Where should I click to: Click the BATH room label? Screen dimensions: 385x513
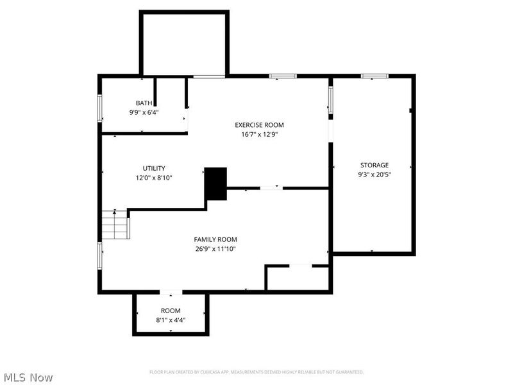pyautogui.click(x=144, y=103)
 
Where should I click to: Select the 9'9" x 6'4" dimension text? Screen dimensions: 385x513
pyautogui.click(x=144, y=112)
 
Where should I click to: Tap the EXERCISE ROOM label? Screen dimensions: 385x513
pyautogui.click(x=259, y=125)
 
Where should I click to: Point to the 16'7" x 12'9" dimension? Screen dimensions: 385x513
pyautogui.click(x=259, y=135)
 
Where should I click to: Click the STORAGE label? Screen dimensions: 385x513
pyautogui.click(x=374, y=165)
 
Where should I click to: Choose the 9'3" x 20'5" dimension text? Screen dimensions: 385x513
pyautogui.click(x=374, y=175)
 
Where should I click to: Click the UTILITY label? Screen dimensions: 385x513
pyautogui.click(x=154, y=168)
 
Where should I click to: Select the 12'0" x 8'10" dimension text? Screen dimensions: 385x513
pyautogui.click(x=154, y=178)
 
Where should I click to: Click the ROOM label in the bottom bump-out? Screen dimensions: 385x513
pyautogui.click(x=171, y=311)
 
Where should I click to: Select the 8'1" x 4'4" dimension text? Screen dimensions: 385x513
pyautogui.click(x=171, y=320)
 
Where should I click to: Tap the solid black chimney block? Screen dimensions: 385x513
pyautogui.click(x=215, y=184)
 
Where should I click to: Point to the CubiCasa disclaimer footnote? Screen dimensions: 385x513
pyautogui.click(x=256, y=372)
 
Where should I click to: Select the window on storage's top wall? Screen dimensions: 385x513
pyautogui.click(x=374, y=76)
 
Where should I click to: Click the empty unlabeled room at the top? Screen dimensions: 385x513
pyautogui.click(x=185, y=44)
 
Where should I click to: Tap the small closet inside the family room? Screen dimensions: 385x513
pyautogui.click(x=298, y=278)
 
